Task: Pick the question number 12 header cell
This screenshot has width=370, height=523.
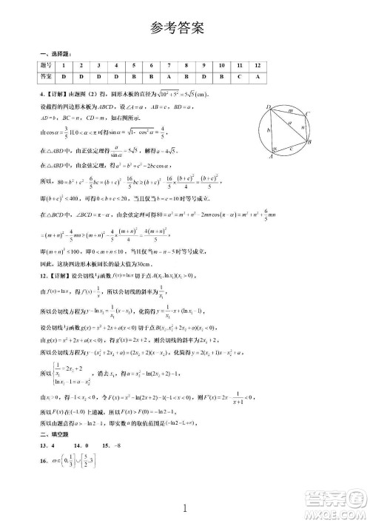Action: [x=258, y=65]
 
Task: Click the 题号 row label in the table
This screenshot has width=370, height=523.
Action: [x=47, y=65]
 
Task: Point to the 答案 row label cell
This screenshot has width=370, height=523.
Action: [x=47, y=76]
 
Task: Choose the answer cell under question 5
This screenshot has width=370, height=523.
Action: [x=134, y=76]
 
